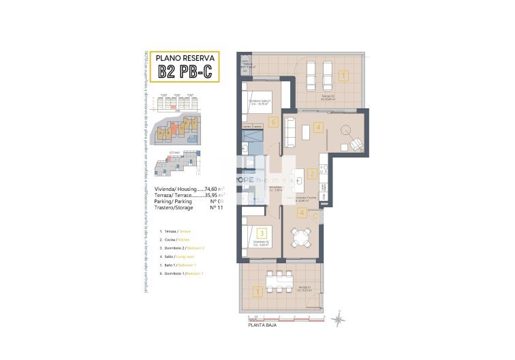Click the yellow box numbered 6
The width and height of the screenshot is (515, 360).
(x=273, y=123)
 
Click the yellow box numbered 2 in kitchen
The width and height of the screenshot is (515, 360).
(x=312, y=174)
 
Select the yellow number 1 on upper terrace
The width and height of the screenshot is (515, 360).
(x=343, y=76)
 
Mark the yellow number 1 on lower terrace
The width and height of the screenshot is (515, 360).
(x=257, y=292)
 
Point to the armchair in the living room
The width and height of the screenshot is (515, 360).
(x=356, y=143)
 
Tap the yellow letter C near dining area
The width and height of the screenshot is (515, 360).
(x=314, y=215)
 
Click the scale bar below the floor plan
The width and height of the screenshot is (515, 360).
(x=279, y=318)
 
